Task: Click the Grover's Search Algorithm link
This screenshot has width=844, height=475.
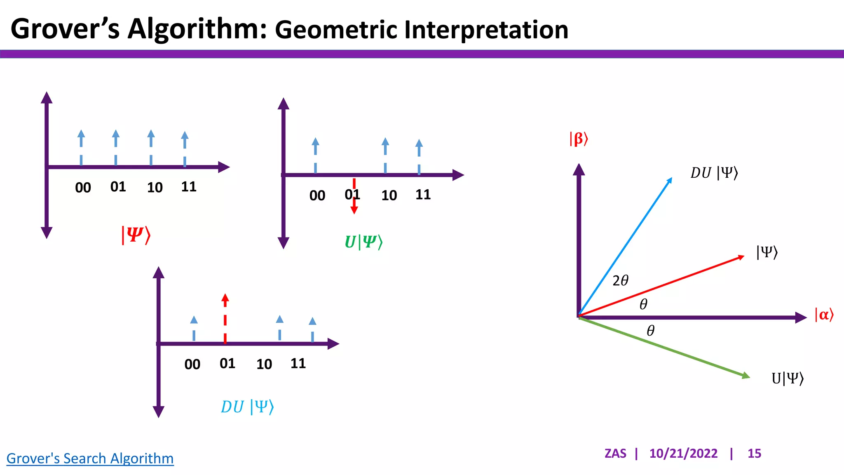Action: click(90, 458)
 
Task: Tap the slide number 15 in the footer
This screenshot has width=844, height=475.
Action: click(754, 453)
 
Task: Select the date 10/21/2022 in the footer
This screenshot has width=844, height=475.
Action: click(683, 453)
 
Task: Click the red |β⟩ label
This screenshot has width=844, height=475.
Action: click(579, 139)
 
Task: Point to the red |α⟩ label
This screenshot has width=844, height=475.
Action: click(824, 315)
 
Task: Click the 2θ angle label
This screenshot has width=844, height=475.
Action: click(620, 281)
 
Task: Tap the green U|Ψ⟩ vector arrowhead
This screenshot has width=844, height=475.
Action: click(746, 376)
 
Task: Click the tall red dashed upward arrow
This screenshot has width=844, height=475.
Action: click(225, 317)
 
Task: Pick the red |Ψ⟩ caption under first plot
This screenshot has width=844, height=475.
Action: click(136, 235)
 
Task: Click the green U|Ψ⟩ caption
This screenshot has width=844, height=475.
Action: click(363, 242)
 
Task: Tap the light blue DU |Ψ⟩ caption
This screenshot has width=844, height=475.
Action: click(247, 407)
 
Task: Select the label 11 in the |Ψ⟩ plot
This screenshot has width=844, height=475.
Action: click(189, 187)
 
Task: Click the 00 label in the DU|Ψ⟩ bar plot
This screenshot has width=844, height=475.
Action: click(192, 364)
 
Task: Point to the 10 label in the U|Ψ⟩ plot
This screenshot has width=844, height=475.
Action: click(389, 195)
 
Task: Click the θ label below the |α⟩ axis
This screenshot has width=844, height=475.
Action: click(650, 331)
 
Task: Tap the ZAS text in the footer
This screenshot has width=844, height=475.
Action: click(615, 453)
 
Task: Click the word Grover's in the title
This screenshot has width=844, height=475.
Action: click(65, 29)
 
